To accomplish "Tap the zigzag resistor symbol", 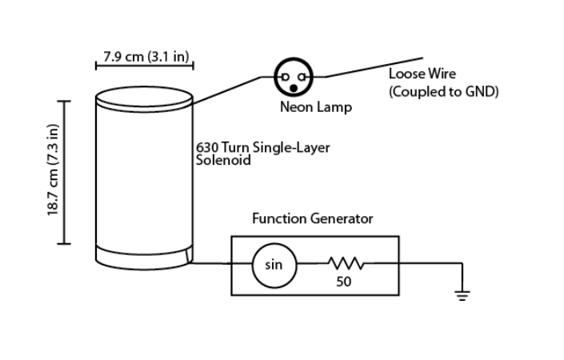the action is pyautogui.click(x=346, y=263).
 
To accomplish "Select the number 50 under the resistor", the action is pyautogui.click(x=343, y=282).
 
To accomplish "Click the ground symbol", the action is pyautogui.click(x=462, y=296).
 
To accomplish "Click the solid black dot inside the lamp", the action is pyautogui.click(x=294, y=88).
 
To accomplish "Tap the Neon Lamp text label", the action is pyautogui.click(x=316, y=107).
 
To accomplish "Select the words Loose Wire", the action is pyautogui.click(x=422, y=74).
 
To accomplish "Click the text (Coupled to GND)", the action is pyautogui.click(x=443, y=92).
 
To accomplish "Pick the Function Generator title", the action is pyautogui.click(x=312, y=218).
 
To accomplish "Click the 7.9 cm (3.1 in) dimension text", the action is pyautogui.click(x=146, y=57).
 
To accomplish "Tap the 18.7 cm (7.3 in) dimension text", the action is pyautogui.click(x=53, y=170).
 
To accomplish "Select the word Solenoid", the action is pyautogui.click(x=223, y=160).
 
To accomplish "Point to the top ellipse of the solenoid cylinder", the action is pyautogui.click(x=144, y=86).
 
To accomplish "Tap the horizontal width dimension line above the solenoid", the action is pyautogui.click(x=145, y=66).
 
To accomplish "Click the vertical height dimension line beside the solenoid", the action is pyautogui.click(x=64, y=172).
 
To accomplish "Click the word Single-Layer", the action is pyautogui.click(x=291, y=148).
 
